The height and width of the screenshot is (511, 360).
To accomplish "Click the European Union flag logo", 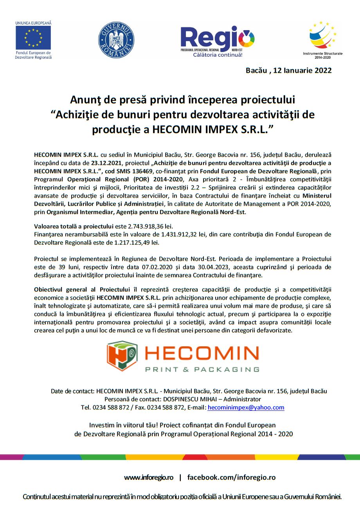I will click(x=33, y=38).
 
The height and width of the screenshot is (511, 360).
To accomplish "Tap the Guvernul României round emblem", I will click(x=116, y=40).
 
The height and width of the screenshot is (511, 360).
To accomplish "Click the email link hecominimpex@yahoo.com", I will click(x=246, y=407).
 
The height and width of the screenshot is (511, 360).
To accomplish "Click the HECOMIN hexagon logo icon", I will click(x=122, y=355).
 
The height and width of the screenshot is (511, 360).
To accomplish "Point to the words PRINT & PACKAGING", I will click(x=202, y=369).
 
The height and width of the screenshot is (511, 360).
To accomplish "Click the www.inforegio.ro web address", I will click(x=149, y=477).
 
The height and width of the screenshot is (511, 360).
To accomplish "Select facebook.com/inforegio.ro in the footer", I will click(x=231, y=477).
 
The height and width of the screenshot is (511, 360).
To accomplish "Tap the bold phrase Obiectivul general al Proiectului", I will click(x=82, y=290).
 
